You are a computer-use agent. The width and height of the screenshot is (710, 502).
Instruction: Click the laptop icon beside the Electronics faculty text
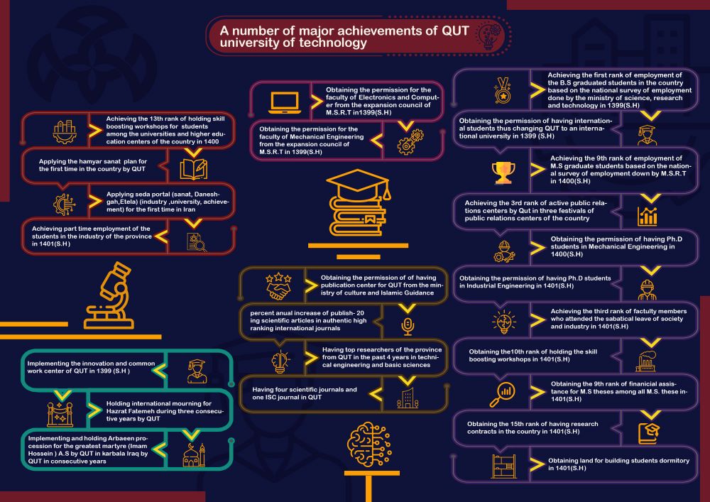285,103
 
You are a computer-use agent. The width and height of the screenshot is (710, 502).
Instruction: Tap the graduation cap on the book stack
358,184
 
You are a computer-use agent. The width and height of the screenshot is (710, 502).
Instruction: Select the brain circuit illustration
369,444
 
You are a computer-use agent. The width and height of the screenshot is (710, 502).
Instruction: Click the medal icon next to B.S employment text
503,90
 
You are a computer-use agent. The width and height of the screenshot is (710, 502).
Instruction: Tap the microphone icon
408,327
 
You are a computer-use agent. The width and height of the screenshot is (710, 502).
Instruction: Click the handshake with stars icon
278,286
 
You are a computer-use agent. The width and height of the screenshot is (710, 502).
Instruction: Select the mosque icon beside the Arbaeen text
194,455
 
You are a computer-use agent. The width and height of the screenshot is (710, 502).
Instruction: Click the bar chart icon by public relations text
647,217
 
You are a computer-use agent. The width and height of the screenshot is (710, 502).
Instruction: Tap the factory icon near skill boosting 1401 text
646,361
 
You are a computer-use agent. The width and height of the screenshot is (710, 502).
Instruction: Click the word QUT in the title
455,31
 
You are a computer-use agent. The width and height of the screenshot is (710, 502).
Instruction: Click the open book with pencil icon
194,169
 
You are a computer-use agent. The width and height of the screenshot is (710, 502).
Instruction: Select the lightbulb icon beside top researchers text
280,361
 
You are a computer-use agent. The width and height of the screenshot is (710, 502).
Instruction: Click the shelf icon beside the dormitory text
503,466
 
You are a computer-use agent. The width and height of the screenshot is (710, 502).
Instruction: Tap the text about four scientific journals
305,393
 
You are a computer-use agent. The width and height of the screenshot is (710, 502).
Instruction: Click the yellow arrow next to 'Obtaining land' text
537,464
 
